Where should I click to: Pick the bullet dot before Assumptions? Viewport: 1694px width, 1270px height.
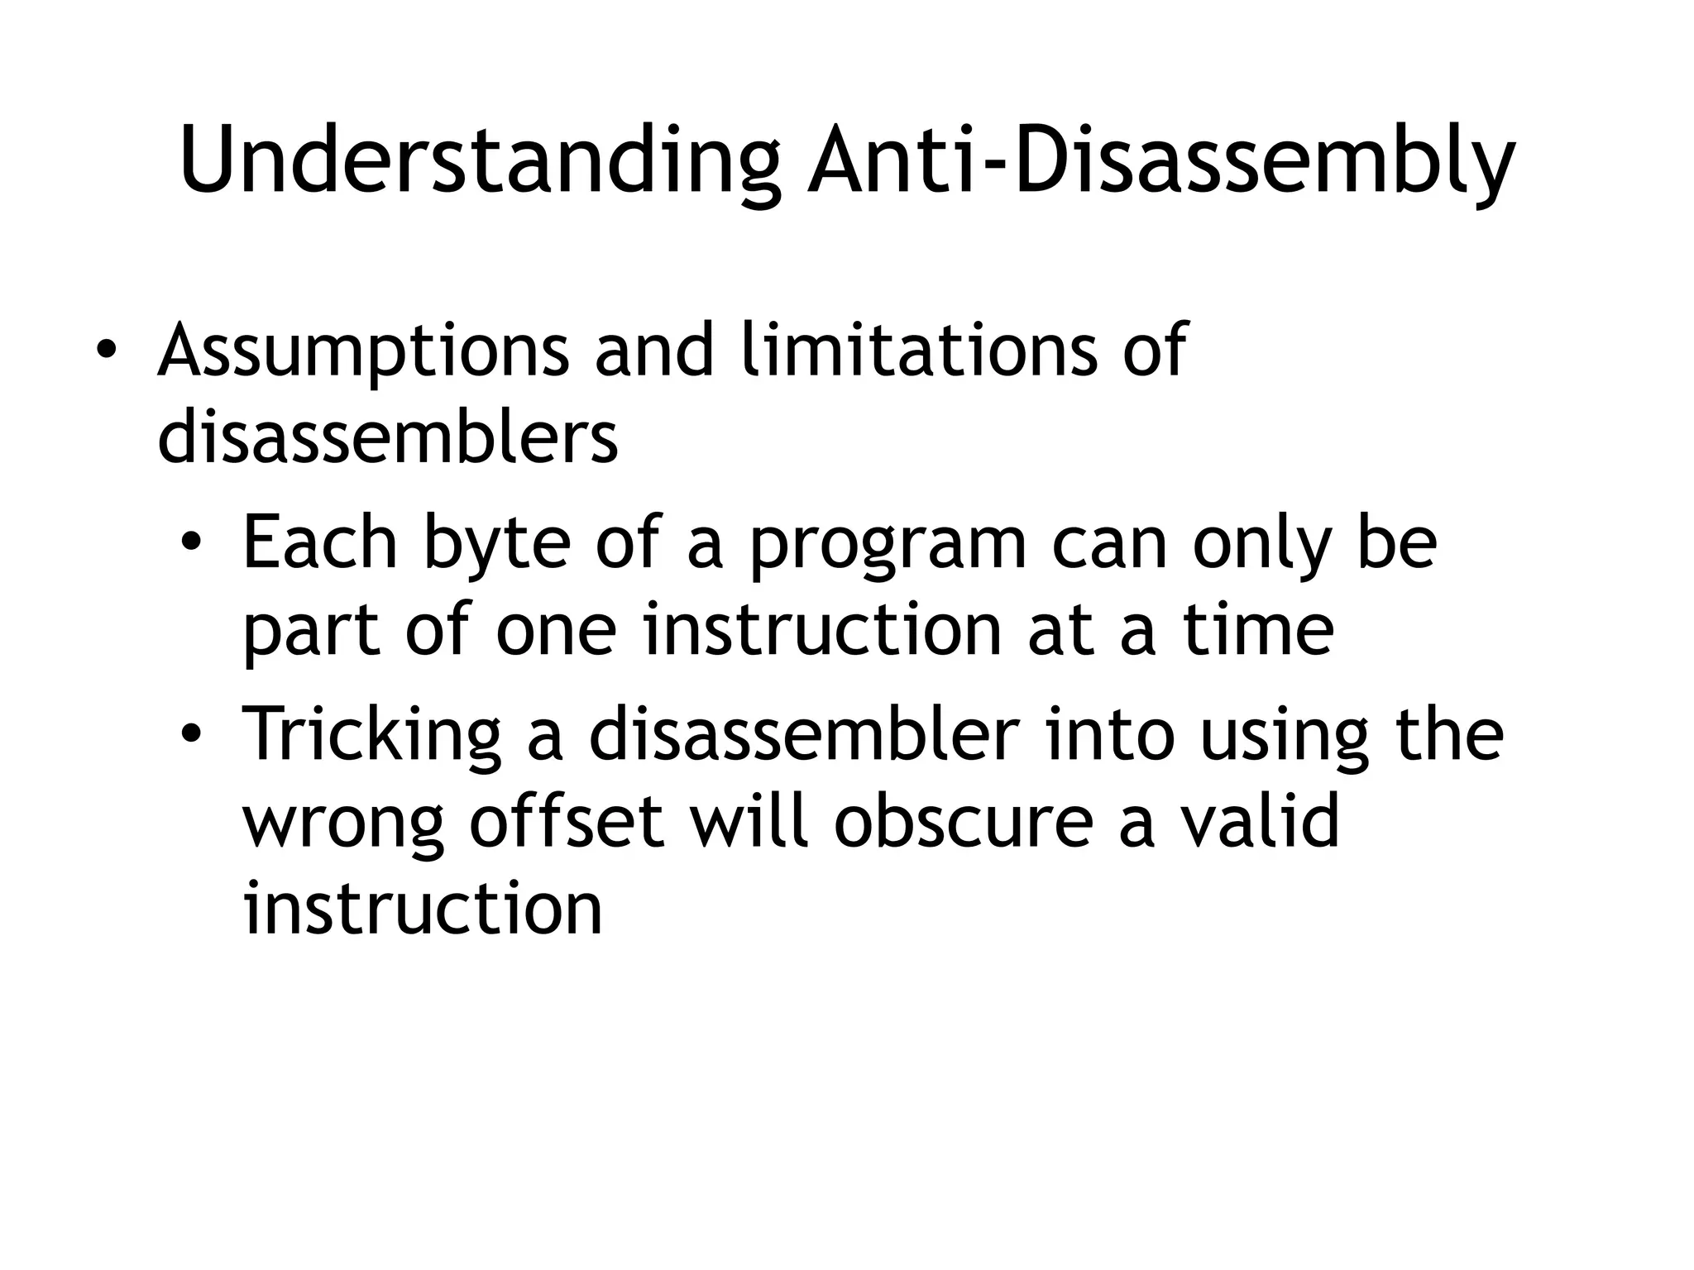click(x=105, y=351)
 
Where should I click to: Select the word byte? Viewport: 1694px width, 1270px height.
click(x=496, y=544)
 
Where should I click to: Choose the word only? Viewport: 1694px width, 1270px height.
click(x=1262, y=544)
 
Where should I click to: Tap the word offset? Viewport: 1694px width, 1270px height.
click(x=567, y=822)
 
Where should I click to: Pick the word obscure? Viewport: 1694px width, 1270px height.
click(x=963, y=822)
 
